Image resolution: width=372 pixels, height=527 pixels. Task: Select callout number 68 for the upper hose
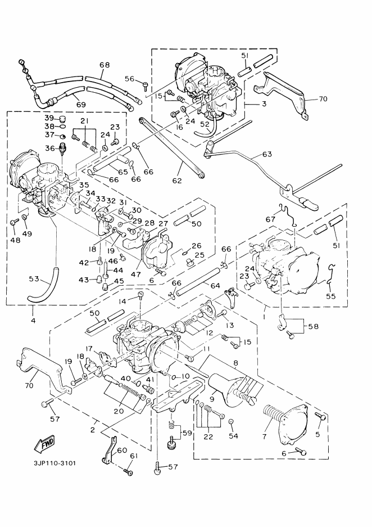(x=105, y=65)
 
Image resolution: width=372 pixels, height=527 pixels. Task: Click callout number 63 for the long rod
(x=266, y=154)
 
